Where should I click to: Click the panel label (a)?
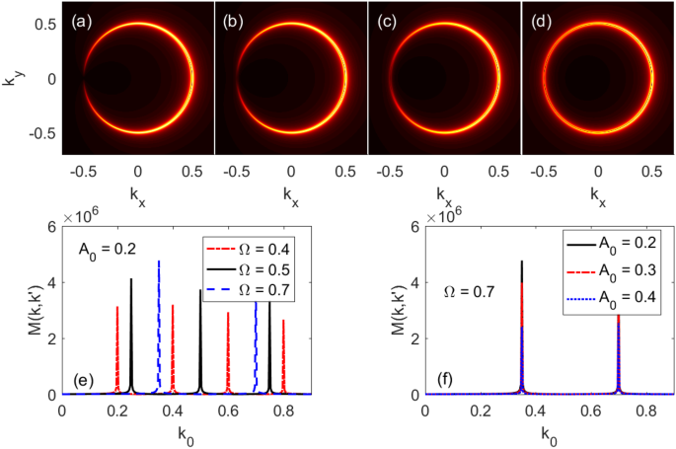coord(80,18)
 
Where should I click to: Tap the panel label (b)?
coord(233,18)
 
